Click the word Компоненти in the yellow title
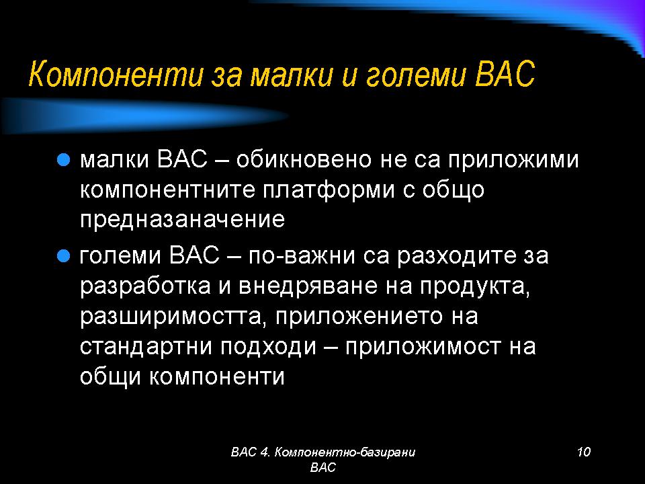tap(116, 74)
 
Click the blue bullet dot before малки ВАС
tap(63, 159)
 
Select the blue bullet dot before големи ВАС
tap(63, 256)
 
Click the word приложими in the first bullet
tap(513, 160)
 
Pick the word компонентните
tap(167, 190)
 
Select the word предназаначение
tap(182, 219)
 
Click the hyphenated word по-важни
tap(302, 255)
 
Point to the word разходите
tap(456, 256)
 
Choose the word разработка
tap(145, 286)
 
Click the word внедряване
tap(307, 286)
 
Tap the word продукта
tap(475, 286)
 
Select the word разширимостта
tap(171, 317)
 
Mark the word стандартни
tap(146, 347)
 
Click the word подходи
tap(268, 347)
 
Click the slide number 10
tap(584, 452)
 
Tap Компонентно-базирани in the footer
tap(344, 452)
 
